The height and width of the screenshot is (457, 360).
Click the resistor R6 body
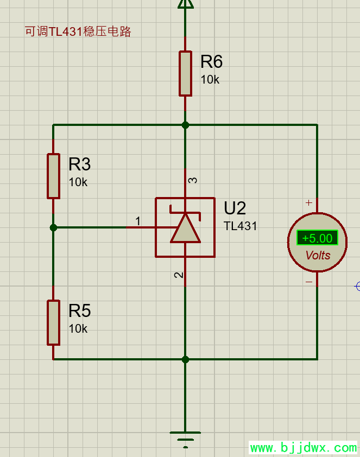[185, 73]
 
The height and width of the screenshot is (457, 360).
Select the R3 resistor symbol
[53, 176]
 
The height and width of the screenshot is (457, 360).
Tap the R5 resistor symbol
[53, 322]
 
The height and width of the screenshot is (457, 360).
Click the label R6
[211, 62]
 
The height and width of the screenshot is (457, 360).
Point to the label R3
[79, 164]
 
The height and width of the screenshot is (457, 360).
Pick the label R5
[79, 311]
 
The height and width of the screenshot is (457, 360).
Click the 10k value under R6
[210, 80]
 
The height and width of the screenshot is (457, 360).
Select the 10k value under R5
[78, 329]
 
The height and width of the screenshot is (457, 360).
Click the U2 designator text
[235, 208]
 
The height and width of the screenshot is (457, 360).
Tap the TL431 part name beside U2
[240, 226]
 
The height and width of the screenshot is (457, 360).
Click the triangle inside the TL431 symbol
[185, 229]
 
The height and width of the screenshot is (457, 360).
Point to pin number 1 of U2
[138, 221]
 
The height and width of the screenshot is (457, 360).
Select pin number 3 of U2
[193, 180]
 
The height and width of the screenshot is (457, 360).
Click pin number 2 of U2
[179, 275]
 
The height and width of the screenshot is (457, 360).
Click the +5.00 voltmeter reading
[317, 238]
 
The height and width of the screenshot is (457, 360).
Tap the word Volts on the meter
[318, 255]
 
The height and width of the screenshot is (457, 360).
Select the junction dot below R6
[185, 125]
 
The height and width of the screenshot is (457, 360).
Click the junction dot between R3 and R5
[53, 228]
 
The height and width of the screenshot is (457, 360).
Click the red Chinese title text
[78, 31]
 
